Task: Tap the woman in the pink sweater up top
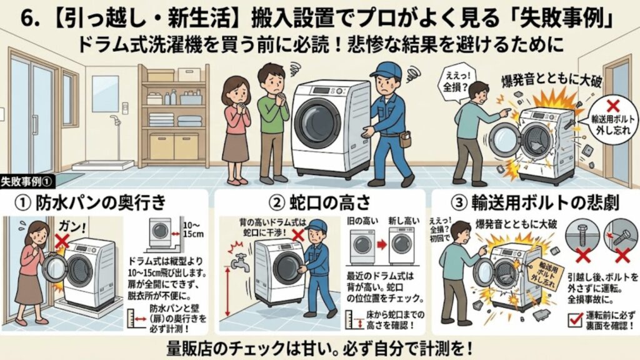(237, 125)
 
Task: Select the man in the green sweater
(272, 119)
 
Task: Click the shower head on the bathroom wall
(115, 119)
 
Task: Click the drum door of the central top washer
(317, 121)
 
